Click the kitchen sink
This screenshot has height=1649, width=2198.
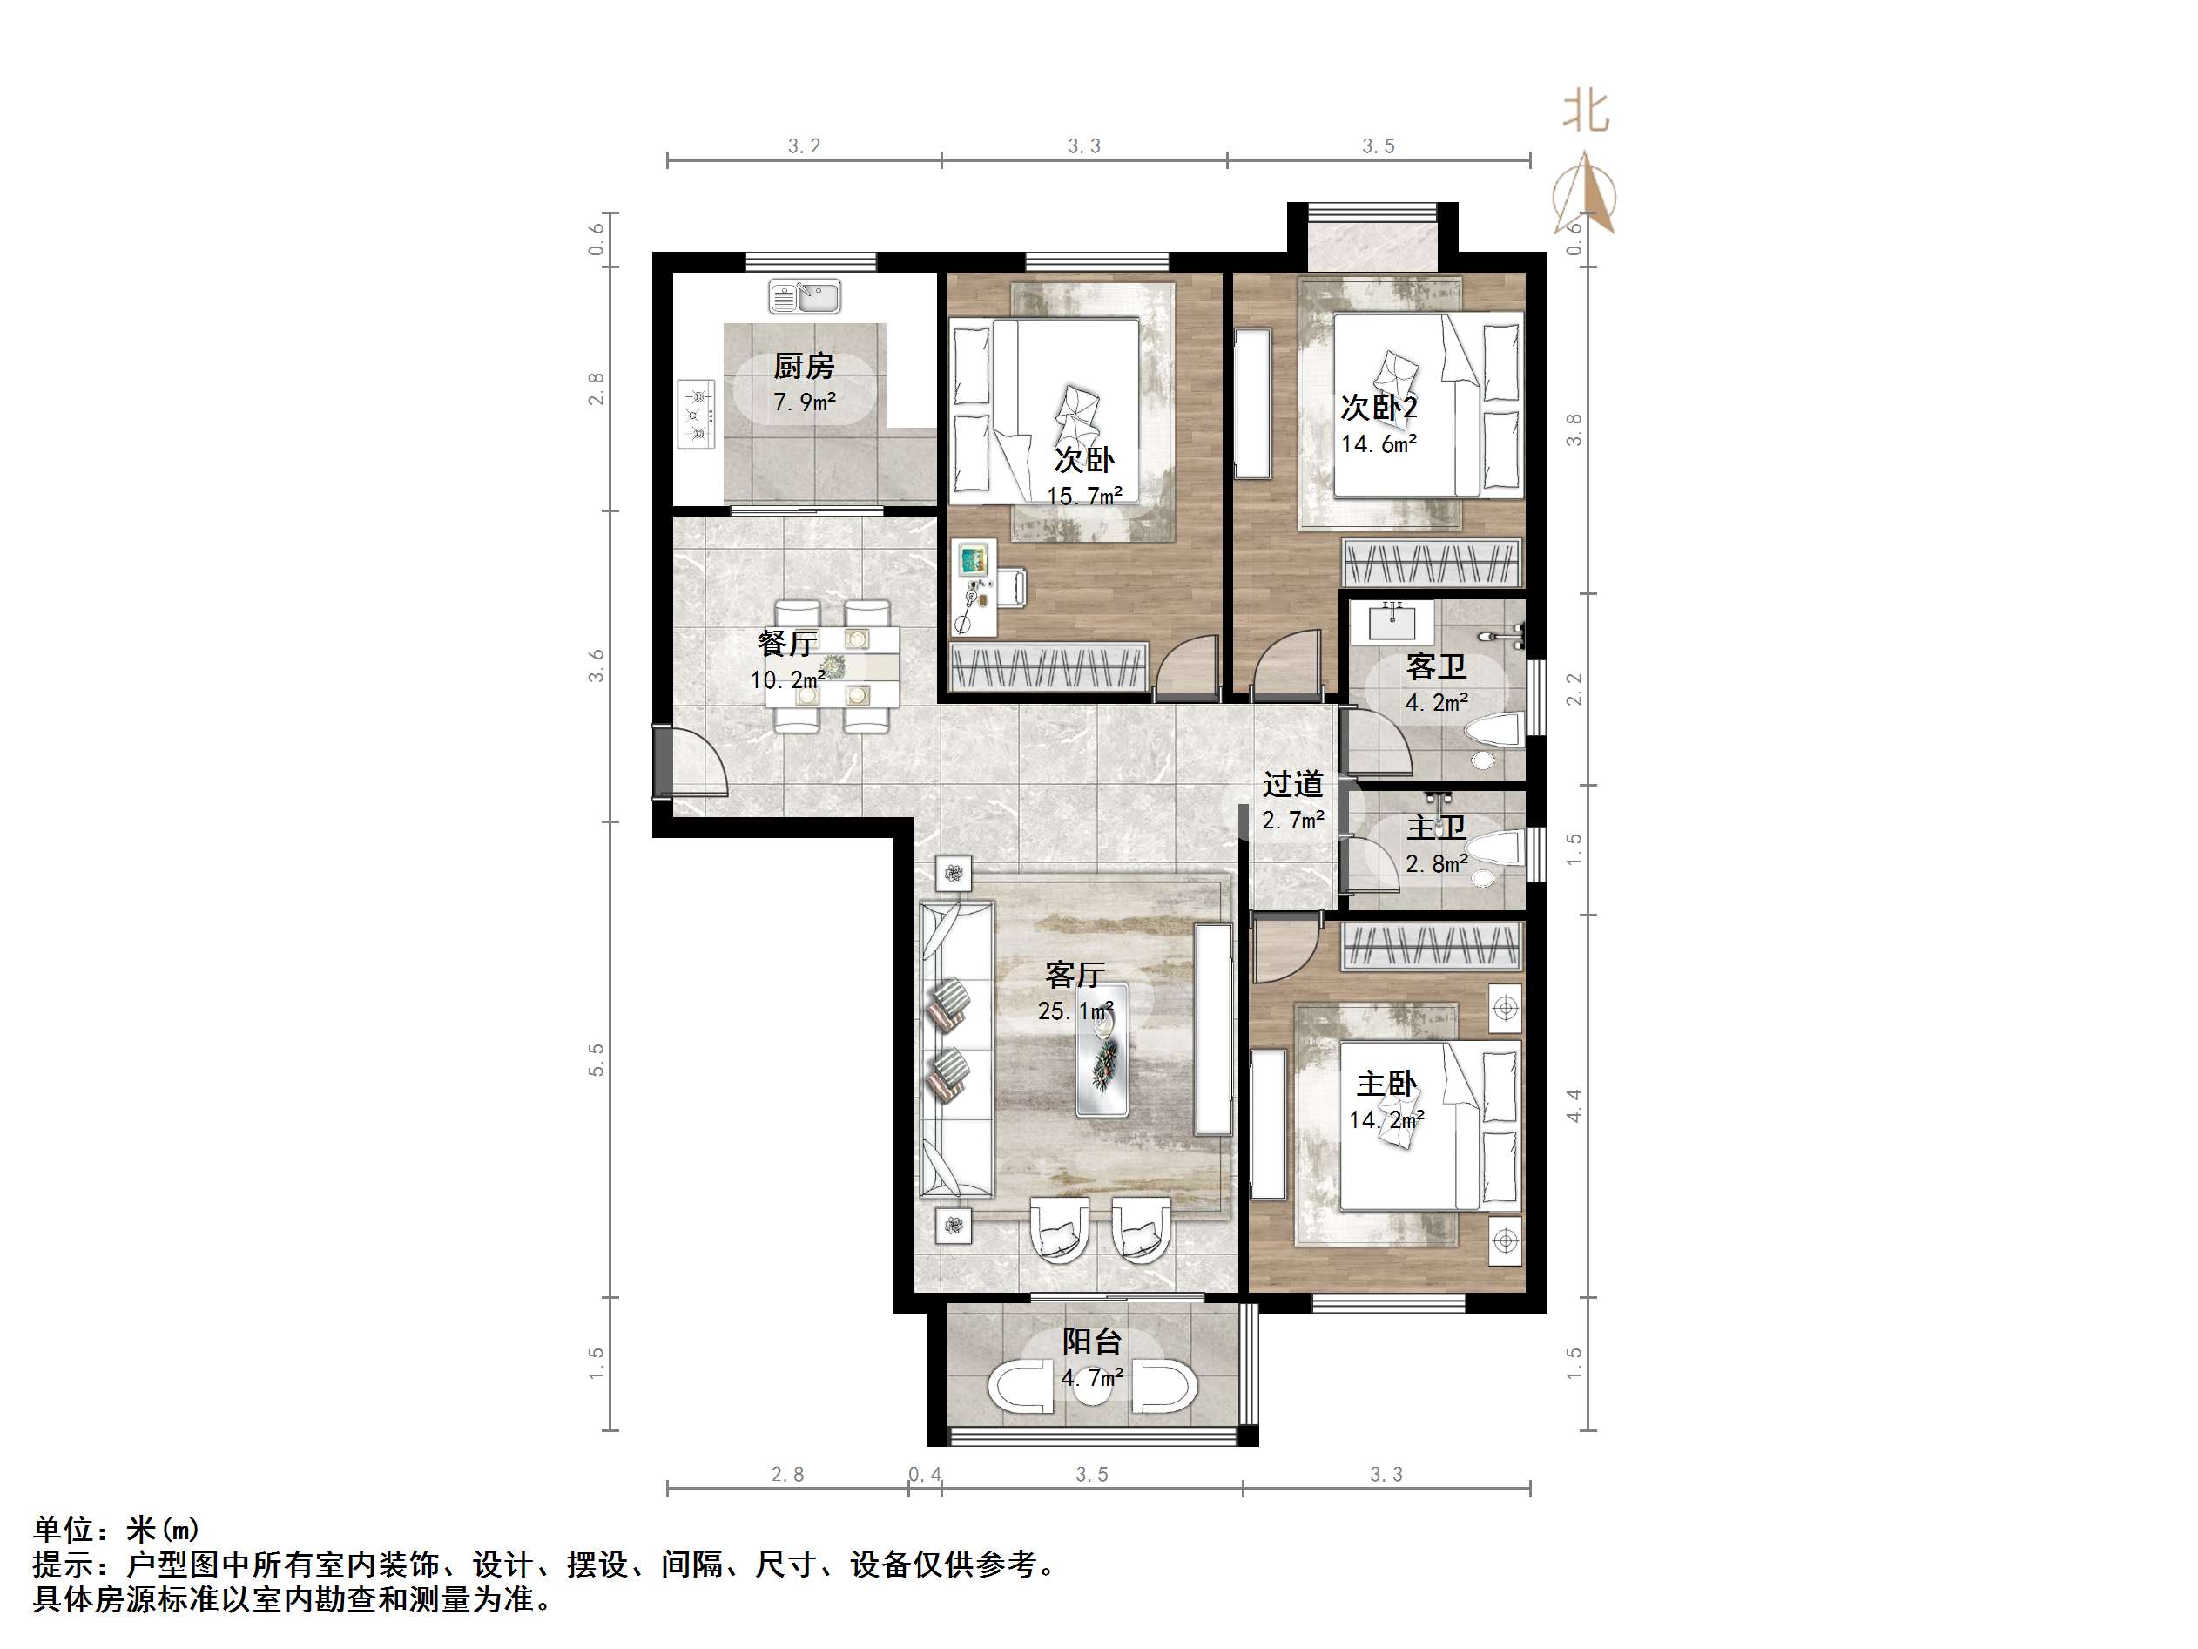(804, 296)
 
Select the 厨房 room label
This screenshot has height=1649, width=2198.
(804, 367)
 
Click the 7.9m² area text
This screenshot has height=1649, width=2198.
(804, 402)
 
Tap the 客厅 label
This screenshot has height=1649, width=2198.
(1074, 974)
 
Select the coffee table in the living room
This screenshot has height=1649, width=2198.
(1102, 1050)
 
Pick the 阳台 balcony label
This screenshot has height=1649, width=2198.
(1091, 1342)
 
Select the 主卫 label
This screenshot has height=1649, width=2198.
(1436, 828)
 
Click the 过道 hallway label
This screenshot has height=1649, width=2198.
(1293, 784)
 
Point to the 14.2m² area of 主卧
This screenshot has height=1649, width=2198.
(1386, 1120)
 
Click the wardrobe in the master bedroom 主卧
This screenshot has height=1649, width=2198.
(1432, 946)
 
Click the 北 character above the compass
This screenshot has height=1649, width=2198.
(1586, 111)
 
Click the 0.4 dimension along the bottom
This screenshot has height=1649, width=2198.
(924, 1474)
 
